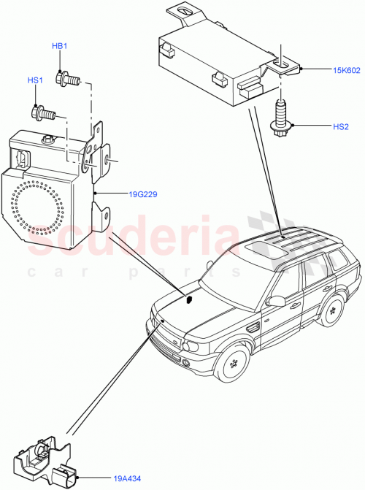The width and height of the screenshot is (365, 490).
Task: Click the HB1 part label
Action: pos(59,47)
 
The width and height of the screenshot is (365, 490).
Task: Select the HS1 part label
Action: pos(36,80)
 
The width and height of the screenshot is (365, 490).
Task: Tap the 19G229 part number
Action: pos(143,194)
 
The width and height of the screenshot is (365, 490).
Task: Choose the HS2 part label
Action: pos(341,126)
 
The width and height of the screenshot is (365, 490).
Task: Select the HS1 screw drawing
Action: pos(44,112)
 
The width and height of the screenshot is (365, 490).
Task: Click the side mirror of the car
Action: pos(277,300)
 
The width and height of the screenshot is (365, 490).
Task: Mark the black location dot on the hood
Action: pos(188,298)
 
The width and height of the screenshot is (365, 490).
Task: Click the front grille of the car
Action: pos(168,337)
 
